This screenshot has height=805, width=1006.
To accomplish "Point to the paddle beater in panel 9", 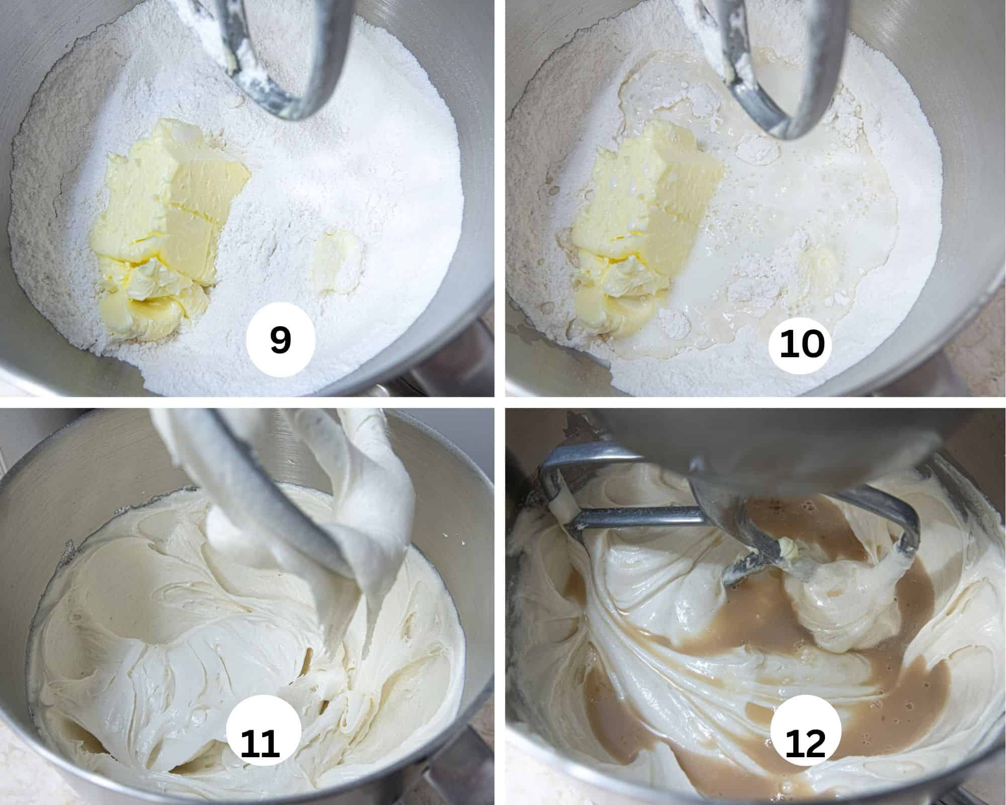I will pyautogui.click(x=282, y=65).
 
